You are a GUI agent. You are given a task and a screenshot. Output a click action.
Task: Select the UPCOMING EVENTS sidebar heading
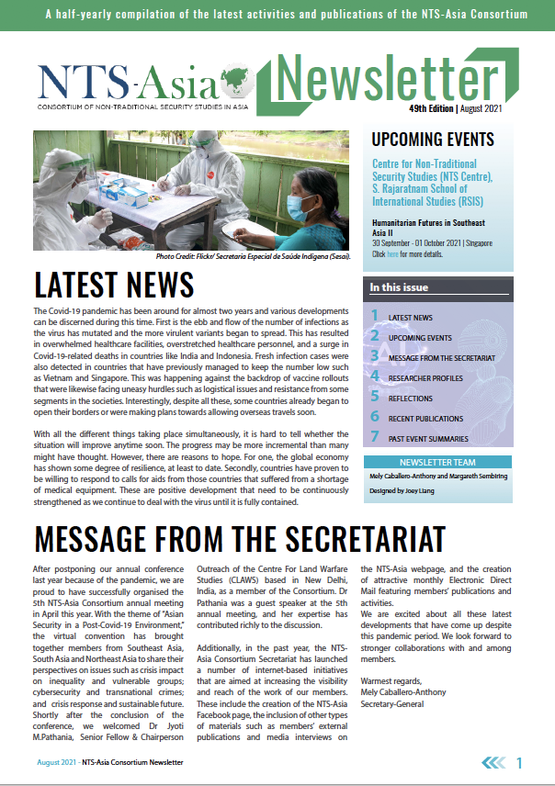[432, 140]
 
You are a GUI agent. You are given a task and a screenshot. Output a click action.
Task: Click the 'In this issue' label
[399, 287]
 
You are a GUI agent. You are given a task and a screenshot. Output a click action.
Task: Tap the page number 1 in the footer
[520, 763]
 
